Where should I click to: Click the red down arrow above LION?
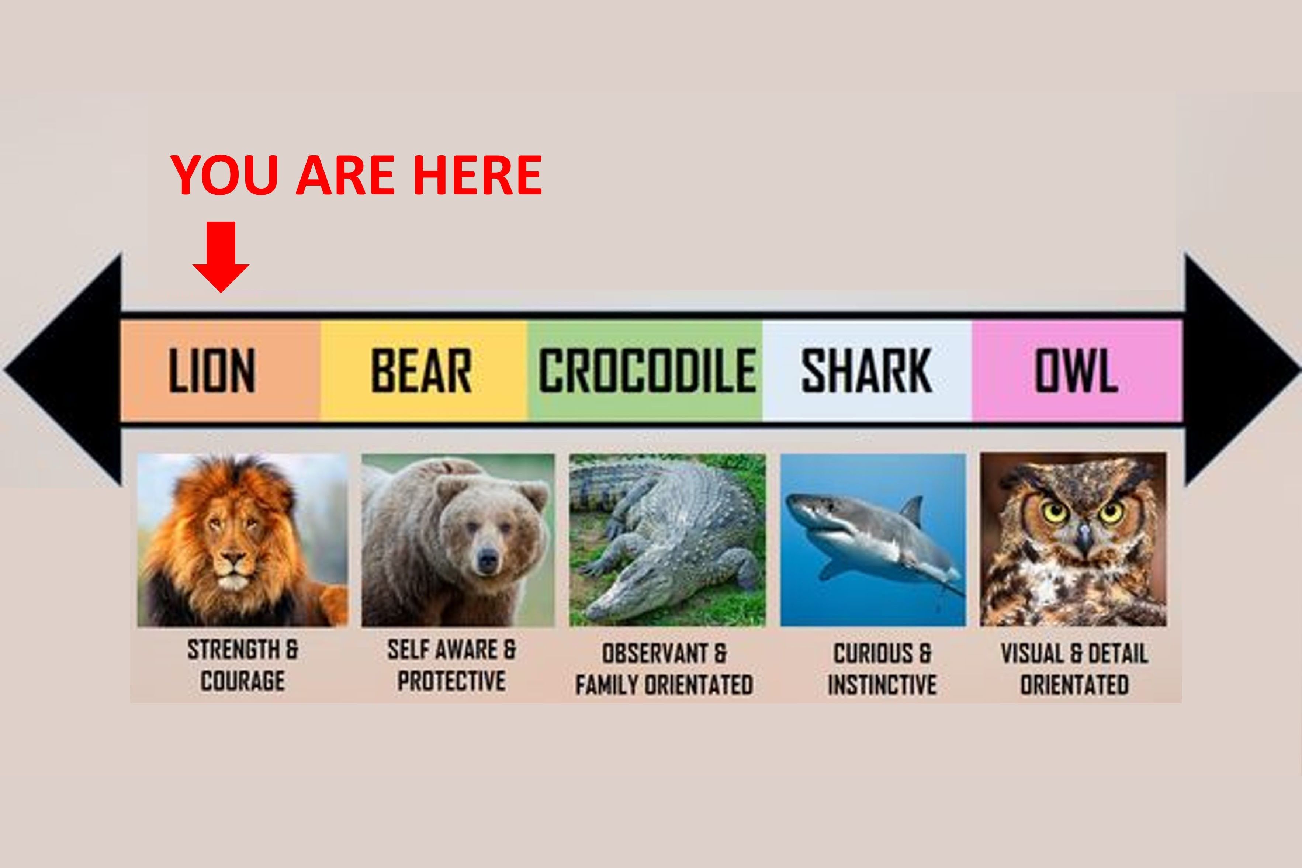221,257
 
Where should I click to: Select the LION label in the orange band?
212,370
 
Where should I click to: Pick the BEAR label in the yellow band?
422,370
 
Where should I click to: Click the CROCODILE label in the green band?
647,370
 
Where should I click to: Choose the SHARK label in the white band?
866,370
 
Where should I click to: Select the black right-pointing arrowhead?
1243,370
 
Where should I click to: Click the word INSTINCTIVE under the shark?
882,685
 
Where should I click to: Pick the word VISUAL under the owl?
1032,654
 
